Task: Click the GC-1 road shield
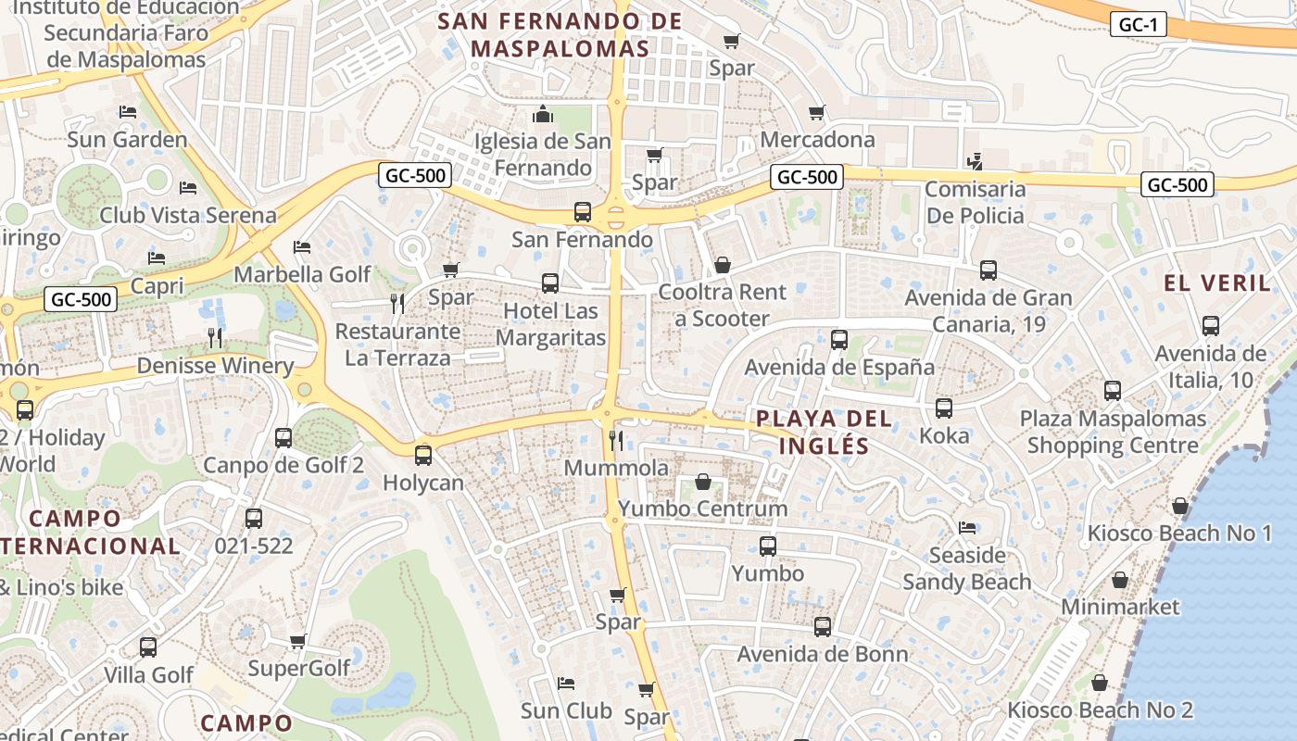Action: (x=1138, y=25)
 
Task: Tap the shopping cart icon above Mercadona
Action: (x=816, y=113)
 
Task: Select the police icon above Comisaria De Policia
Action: (x=974, y=162)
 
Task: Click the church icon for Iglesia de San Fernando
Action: (x=543, y=114)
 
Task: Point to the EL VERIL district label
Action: (x=1217, y=283)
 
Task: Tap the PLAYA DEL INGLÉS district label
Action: (x=825, y=432)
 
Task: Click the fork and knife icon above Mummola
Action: (x=616, y=440)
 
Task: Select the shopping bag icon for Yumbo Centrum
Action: (x=703, y=483)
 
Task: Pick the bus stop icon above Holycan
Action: (x=423, y=456)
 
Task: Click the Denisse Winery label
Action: (x=215, y=365)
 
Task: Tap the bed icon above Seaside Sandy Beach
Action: (x=967, y=528)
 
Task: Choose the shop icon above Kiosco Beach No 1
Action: (x=1179, y=507)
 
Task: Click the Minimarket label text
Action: (x=1120, y=607)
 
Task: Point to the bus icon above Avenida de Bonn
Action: (x=822, y=627)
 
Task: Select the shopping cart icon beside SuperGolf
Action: (x=297, y=641)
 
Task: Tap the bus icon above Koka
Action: (x=944, y=408)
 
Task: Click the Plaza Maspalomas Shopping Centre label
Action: (x=1113, y=432)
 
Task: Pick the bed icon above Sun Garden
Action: (x=128, y=112)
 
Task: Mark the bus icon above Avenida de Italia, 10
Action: (x=1210, y=326)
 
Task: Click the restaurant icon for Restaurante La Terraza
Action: (x=397, y=304)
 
